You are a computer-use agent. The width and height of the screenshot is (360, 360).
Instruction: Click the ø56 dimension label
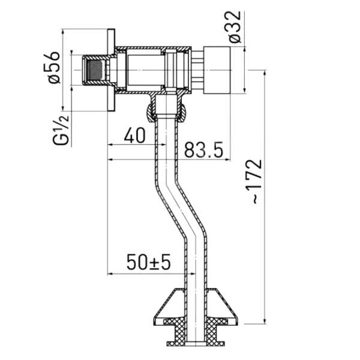(54, 67)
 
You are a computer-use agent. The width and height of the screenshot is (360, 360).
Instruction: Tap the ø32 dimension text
(235, 27)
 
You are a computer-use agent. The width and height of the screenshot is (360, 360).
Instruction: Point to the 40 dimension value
(135, 135)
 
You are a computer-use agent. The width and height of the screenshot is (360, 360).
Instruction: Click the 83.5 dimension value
(203, 149)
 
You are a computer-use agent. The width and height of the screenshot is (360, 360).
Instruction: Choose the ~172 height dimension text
(254, 181)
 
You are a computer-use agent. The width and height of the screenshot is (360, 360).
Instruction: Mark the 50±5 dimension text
(149, 262)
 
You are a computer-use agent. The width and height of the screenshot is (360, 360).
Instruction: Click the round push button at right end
(217, 70)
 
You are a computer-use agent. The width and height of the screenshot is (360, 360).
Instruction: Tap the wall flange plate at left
(111, 70)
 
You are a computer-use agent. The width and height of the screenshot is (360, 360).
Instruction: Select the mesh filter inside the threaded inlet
(94, 70)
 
